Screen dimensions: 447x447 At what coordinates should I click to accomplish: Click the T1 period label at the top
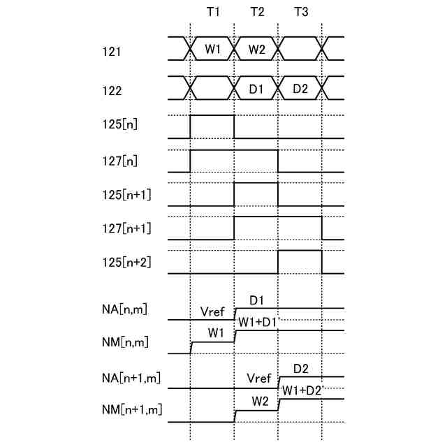click(213, 14)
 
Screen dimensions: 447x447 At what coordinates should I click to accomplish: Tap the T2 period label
click(256, 14)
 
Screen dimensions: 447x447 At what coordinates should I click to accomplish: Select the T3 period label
click(301, 14)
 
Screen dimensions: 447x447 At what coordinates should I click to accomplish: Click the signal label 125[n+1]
click(126, 193)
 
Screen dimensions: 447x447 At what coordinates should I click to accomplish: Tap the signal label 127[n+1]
click(126, 228)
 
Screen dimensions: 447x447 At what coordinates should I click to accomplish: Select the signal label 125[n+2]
click(126, 263)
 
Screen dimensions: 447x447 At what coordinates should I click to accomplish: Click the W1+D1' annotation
click(258, 322)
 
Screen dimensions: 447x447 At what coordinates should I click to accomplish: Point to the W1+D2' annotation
click(302, 390)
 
